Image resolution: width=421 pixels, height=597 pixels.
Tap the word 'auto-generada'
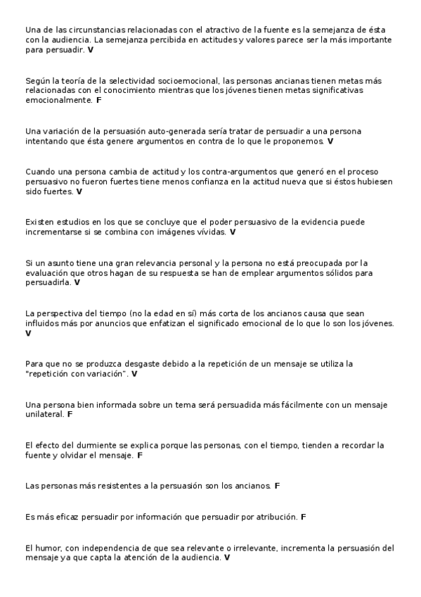pos(145,132)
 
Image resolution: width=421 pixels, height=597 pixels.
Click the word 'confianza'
pos(186,182)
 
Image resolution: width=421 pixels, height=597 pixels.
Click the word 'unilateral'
pos(44,415)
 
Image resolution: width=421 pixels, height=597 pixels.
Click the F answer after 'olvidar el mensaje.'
pos(141,455)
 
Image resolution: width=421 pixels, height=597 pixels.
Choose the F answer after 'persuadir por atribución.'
pos(304,517)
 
